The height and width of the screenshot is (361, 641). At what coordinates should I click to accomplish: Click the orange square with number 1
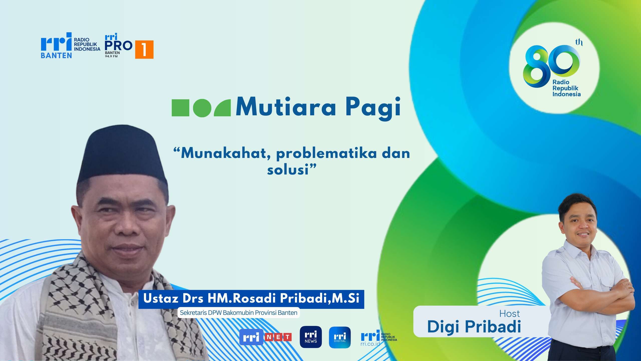144,50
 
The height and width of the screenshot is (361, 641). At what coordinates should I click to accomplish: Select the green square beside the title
180,108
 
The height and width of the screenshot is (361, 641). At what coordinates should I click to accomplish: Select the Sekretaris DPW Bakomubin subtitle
239,313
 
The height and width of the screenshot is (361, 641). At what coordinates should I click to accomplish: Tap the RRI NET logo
265,337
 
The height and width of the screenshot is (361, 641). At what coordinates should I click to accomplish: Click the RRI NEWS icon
311,337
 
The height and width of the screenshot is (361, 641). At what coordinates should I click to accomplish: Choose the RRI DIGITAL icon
340,337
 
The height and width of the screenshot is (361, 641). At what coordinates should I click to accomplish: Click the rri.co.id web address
370,344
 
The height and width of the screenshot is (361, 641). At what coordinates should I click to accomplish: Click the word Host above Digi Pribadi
510,314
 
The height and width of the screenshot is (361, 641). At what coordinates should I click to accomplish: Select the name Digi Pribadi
474,327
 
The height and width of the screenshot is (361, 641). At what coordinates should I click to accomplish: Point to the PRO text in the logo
118,46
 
